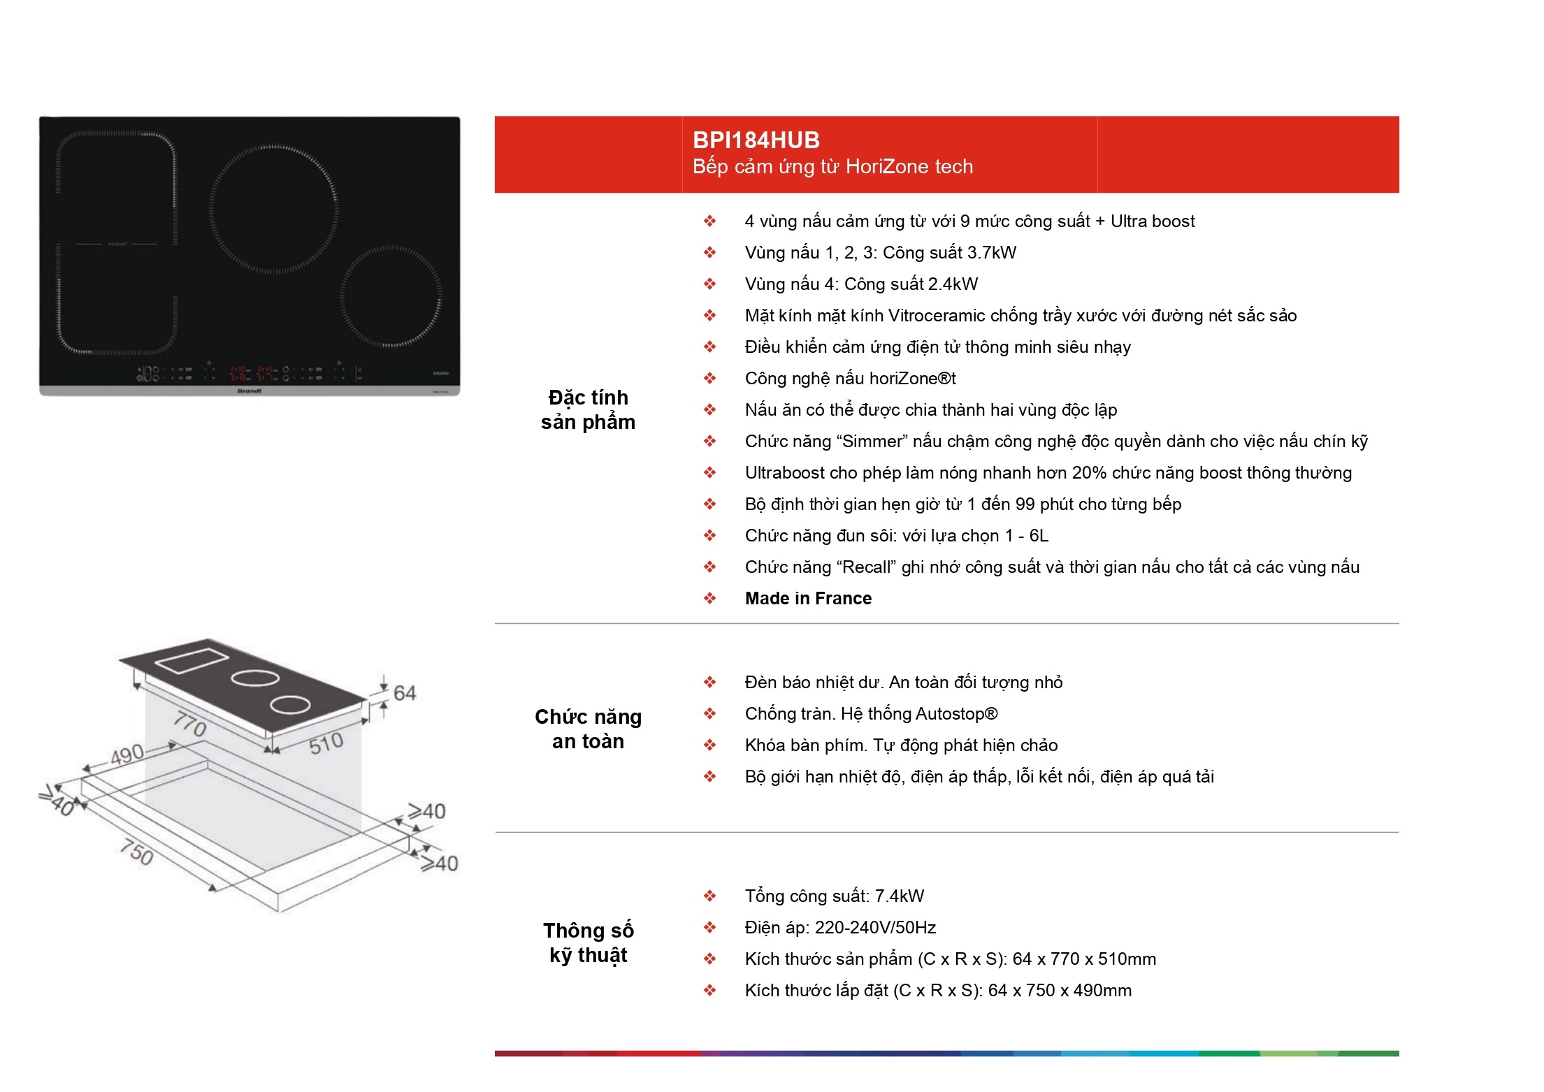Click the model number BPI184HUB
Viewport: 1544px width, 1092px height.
click(756, 140)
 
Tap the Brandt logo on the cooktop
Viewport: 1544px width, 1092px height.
click(250, 391)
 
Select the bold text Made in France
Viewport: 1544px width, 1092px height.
click(808, 599)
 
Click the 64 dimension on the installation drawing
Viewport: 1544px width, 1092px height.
click(405, 693)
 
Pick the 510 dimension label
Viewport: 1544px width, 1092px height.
click(326, 743)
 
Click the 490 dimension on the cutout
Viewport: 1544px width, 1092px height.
click(127, 755)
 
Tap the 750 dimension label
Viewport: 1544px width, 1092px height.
click(136, 852)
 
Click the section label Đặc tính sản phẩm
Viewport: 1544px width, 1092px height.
click(588, 409)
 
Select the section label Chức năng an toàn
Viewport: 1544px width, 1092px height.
click(588, 729)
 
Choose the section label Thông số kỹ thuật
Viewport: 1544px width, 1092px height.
click(588, 942)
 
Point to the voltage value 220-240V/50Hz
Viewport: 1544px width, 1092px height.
click(875, 928)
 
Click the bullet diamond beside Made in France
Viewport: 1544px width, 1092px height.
click(709, 598)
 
